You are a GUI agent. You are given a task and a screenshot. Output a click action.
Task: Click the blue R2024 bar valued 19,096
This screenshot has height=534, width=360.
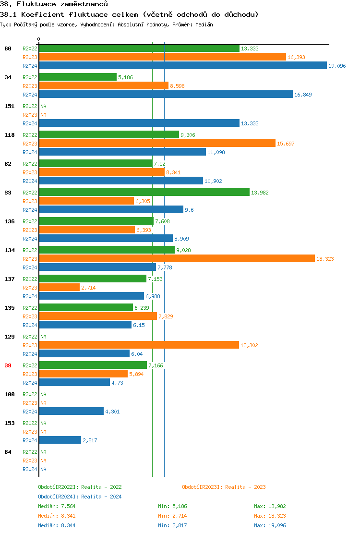(x=182, y=66)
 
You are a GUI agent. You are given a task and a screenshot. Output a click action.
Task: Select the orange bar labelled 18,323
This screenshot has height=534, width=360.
(x=177, y=259)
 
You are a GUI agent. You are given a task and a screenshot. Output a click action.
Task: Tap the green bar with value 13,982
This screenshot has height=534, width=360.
(x=144, y=193)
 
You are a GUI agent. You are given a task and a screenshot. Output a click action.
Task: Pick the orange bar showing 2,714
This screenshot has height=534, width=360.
(x=59, y=288)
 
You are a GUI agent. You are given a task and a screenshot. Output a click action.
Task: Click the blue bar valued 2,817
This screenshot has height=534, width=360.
(x=60, y=440)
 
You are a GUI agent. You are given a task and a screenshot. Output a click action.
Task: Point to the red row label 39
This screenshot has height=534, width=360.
(x=8, y=365)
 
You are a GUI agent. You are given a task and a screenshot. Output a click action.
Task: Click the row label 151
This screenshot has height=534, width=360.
(x=9, y=106)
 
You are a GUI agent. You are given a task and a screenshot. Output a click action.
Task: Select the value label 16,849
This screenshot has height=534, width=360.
(x=302, y=95)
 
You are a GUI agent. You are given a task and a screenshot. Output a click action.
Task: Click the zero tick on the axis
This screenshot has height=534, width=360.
(x=39, y=39)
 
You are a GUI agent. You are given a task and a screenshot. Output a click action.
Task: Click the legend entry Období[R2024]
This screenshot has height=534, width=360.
(x=58, y=497)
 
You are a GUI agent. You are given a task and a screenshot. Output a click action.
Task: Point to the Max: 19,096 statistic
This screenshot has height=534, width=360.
(x=270, y=525)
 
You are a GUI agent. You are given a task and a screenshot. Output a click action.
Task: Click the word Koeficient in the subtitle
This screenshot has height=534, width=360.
(x=40, y=14)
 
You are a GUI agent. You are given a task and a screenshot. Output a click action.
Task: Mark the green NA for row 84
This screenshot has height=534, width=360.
(x=43, y=452)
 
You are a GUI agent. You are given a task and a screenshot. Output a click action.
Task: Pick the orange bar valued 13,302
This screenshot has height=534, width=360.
(x=139, y=345)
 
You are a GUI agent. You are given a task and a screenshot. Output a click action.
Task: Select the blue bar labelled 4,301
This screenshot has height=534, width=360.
(x=71, y=412)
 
